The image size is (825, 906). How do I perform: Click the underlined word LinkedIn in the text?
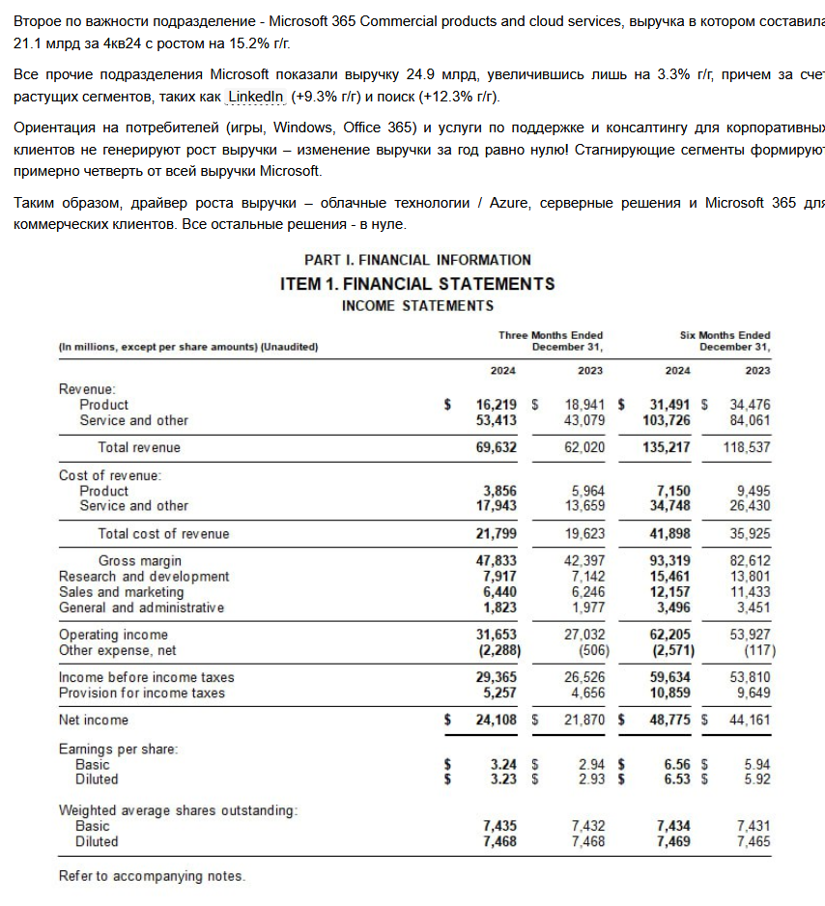click(x=256, y=98)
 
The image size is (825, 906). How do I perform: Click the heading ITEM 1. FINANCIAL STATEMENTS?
click(x=417, y=284)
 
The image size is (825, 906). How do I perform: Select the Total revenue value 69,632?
click(x=497, y=447)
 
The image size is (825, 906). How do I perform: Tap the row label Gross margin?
click(x=139, y=560)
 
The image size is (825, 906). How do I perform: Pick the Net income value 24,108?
click(x=497, y=720)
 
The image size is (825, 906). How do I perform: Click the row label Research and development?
click(x=144, y=577)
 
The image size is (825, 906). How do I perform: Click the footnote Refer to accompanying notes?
click(x=152, y=876)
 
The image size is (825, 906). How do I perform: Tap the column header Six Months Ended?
click(x=725, y=335)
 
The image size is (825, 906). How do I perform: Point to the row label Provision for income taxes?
click(x=141, y=693)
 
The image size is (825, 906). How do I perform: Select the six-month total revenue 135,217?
click(x=666, y=447)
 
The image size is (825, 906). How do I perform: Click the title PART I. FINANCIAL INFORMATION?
click(x=417, y=260)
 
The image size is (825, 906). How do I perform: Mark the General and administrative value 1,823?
click(x=499, y=608)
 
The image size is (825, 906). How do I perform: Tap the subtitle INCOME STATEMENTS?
click(x=417, y=306)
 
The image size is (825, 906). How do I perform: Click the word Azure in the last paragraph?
click(x=508, y=203)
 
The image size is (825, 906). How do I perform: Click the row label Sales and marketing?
click(x=121, y=592)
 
